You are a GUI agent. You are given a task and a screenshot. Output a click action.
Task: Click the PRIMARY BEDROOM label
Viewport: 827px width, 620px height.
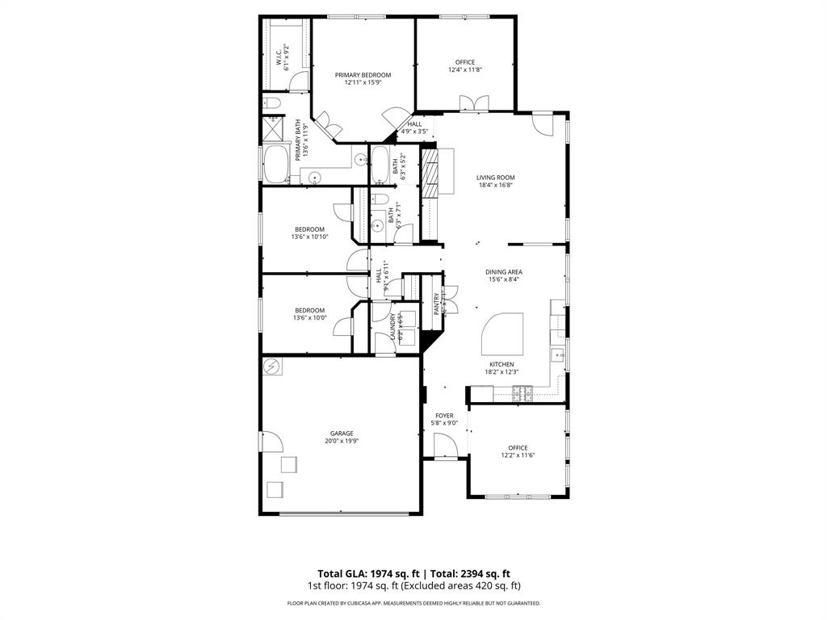(363, 75)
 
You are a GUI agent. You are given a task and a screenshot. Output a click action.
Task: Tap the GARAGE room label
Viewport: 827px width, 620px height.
(341, 434)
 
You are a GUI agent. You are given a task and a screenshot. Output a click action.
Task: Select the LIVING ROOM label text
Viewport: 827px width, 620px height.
(495, 178)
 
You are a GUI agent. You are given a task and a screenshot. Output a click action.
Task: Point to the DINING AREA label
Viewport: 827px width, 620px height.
(503, 272)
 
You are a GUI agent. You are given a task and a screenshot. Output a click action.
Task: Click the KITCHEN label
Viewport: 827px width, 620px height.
(501, 364)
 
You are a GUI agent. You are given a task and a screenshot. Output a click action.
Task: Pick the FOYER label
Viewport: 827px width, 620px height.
(444, 416)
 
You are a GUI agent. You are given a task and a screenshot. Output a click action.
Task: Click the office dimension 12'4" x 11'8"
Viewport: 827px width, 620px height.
(464, 70)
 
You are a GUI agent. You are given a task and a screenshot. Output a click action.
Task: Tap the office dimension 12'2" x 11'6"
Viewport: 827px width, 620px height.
(518, 455)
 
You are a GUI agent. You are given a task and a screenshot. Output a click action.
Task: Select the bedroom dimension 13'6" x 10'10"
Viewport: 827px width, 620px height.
(309, 237)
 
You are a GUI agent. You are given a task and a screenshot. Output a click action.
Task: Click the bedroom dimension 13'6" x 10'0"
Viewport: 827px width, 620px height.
(309, 318)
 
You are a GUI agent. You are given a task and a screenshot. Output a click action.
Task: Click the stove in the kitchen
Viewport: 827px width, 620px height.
(523, 393)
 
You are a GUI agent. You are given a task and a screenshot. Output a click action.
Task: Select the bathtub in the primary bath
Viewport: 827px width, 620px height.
(276, 165)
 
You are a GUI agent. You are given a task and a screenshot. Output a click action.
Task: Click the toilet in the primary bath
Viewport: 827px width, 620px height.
(271, 103)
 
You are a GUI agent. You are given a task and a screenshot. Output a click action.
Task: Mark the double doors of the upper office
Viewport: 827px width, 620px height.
(474, 103)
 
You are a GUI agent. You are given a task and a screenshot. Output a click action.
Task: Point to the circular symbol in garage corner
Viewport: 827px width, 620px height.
(273, 367)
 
